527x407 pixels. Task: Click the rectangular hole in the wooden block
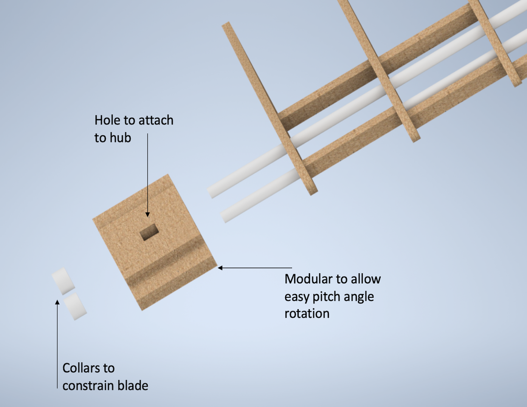pos(149,232)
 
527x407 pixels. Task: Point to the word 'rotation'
pos(307,314)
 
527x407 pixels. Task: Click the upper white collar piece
pos(63,281)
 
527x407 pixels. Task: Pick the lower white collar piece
pos(75,306)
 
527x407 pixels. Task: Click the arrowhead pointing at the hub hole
pos(147,215)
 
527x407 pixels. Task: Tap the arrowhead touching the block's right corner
pos(220,268)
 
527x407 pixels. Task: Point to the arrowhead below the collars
pos(57,302)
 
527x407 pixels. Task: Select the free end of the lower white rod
pos(223,217)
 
